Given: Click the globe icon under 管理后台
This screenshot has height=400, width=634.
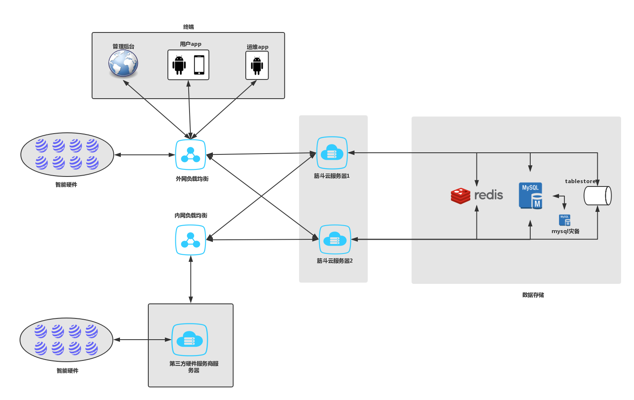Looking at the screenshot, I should point(123,64).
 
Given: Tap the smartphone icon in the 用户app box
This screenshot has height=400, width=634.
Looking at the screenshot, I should point(199,65).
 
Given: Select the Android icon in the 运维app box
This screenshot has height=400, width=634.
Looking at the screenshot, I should point(257,66).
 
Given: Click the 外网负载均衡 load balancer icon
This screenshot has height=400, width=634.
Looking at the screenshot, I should point(190,155).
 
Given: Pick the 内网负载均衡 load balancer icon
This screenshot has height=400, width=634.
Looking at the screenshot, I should point(190,240).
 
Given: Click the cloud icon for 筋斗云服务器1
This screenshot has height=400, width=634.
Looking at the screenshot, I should point(332,153).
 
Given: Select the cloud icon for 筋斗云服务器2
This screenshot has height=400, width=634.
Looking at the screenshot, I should point(335,239).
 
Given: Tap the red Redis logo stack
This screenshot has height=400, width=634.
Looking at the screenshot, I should point(460,196).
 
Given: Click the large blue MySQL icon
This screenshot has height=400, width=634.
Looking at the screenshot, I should point(530,195).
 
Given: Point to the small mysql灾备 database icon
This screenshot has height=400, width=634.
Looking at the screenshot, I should point(564,220).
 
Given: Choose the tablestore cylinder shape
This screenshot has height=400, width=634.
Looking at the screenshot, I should point(597,196).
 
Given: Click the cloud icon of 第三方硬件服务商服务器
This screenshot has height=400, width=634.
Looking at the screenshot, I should point(190,340).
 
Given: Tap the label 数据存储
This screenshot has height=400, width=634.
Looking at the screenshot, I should point(533,295).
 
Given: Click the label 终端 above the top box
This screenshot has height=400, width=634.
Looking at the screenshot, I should point(188,27).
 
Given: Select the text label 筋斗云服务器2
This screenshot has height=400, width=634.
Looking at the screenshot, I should point(334,261).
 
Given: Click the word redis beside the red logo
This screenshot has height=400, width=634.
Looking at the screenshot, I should point(489,195).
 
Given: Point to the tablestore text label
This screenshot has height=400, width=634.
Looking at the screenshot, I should point(580,181).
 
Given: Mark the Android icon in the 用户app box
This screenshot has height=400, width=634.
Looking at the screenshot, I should point(179,65).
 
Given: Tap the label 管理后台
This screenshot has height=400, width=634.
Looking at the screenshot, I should point(123,47).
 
